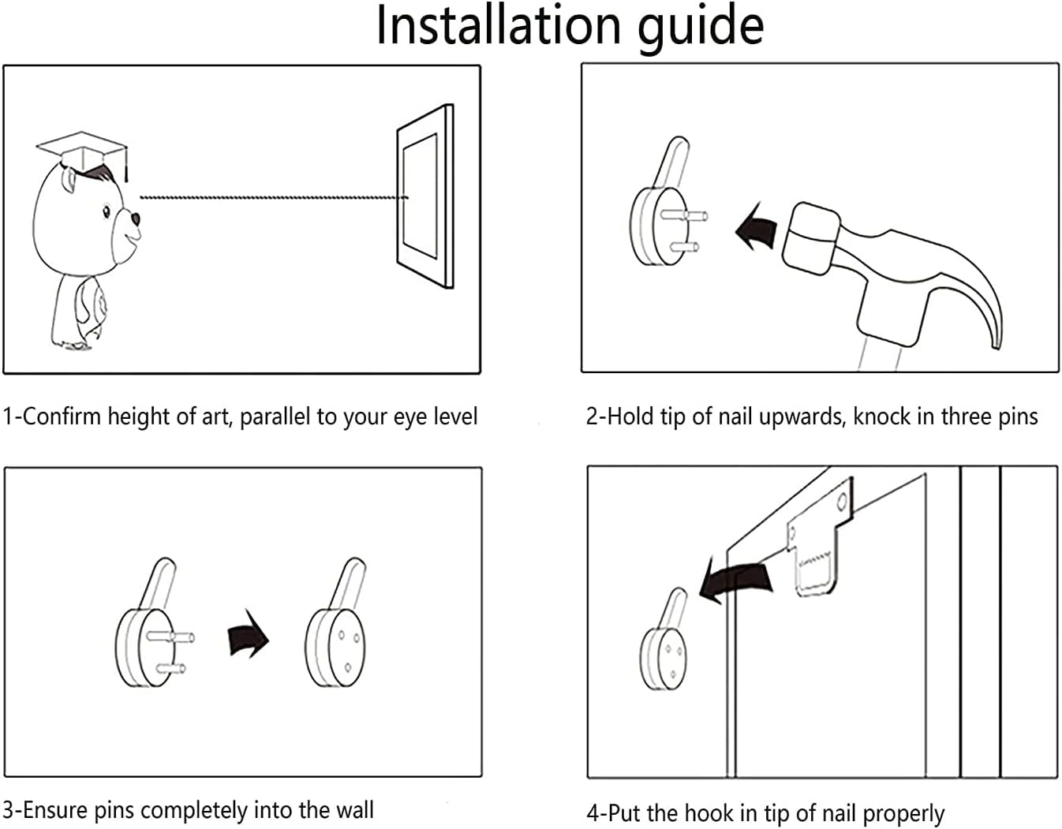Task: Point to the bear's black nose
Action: pos(135,219)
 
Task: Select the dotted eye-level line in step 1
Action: pos(272,197)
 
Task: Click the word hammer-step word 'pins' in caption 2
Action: pos(1016,416)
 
